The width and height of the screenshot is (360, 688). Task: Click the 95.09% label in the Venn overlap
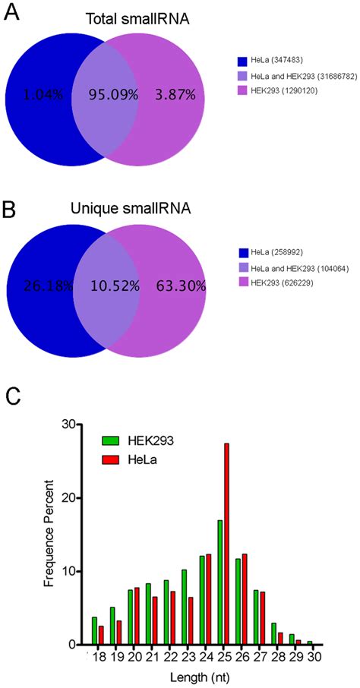point(106,97)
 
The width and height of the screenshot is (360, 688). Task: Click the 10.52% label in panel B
point(106,286)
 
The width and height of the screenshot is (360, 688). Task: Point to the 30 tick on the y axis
point(68,424)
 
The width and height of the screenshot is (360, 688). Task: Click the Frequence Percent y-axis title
point(47,535)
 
